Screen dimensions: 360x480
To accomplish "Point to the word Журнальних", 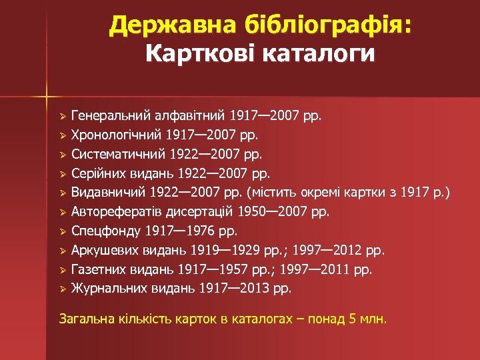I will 106,289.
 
